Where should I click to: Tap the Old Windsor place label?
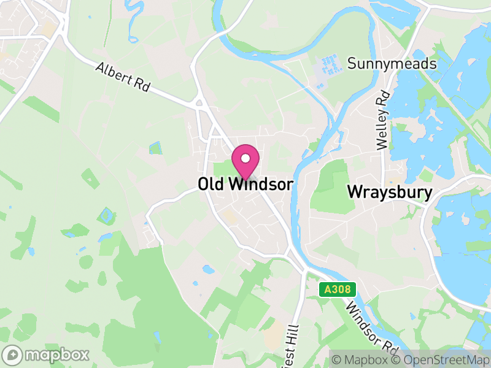(245, 184)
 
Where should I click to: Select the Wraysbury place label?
(390, 191)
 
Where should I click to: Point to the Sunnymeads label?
(392, 64)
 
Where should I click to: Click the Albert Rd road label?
(123, 77)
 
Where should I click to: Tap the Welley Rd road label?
(384, 120)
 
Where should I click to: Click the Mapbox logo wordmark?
(56, 355)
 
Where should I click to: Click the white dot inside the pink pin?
(245, 159)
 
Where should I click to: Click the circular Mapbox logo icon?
(12, 355)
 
